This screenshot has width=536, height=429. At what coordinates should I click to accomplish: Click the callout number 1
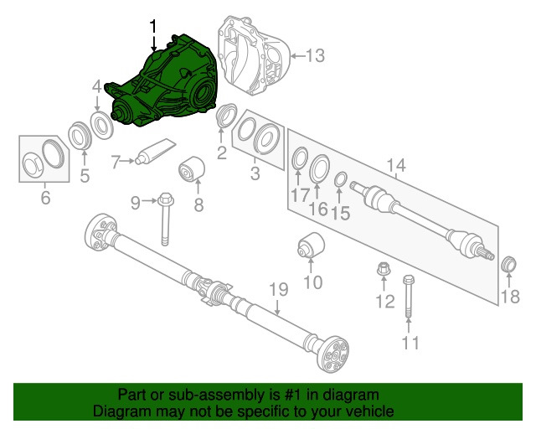152,27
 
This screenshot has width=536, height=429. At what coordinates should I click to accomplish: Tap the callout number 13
314,56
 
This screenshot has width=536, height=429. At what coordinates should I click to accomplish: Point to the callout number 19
277,291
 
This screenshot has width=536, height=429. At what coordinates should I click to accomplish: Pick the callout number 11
410,343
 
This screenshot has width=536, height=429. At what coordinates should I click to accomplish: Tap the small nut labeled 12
383,271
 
